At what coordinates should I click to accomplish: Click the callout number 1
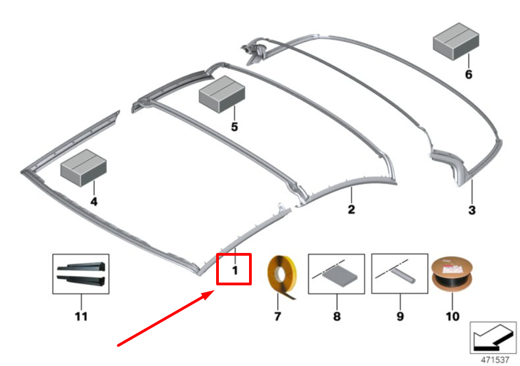coord(235,271)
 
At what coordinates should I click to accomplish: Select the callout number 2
coord(351,209)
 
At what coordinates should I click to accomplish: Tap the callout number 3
coord(472,210)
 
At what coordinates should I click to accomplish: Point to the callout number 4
coord(94,201)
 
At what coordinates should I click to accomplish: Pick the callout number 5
coord(234,127)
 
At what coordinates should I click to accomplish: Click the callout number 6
coord(468,74)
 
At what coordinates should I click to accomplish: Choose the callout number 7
coord(278,316)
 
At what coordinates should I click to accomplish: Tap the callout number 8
coord(337,316)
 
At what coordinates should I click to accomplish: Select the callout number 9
coord(400,316)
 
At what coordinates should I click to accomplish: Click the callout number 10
coord(453,316)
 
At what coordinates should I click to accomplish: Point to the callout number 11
coord(81,316)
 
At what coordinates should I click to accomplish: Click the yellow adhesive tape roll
coord(281,277)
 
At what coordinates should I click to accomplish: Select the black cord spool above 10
coord(452,274)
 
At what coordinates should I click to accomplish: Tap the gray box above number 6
coord(456,41)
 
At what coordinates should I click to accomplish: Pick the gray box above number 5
coord(222,94)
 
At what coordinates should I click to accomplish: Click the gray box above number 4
coord(83,167)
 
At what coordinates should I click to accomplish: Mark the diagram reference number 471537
coord(495,360)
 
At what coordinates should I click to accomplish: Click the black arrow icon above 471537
coord(493,337)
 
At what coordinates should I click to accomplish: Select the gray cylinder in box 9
coord(402,276)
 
